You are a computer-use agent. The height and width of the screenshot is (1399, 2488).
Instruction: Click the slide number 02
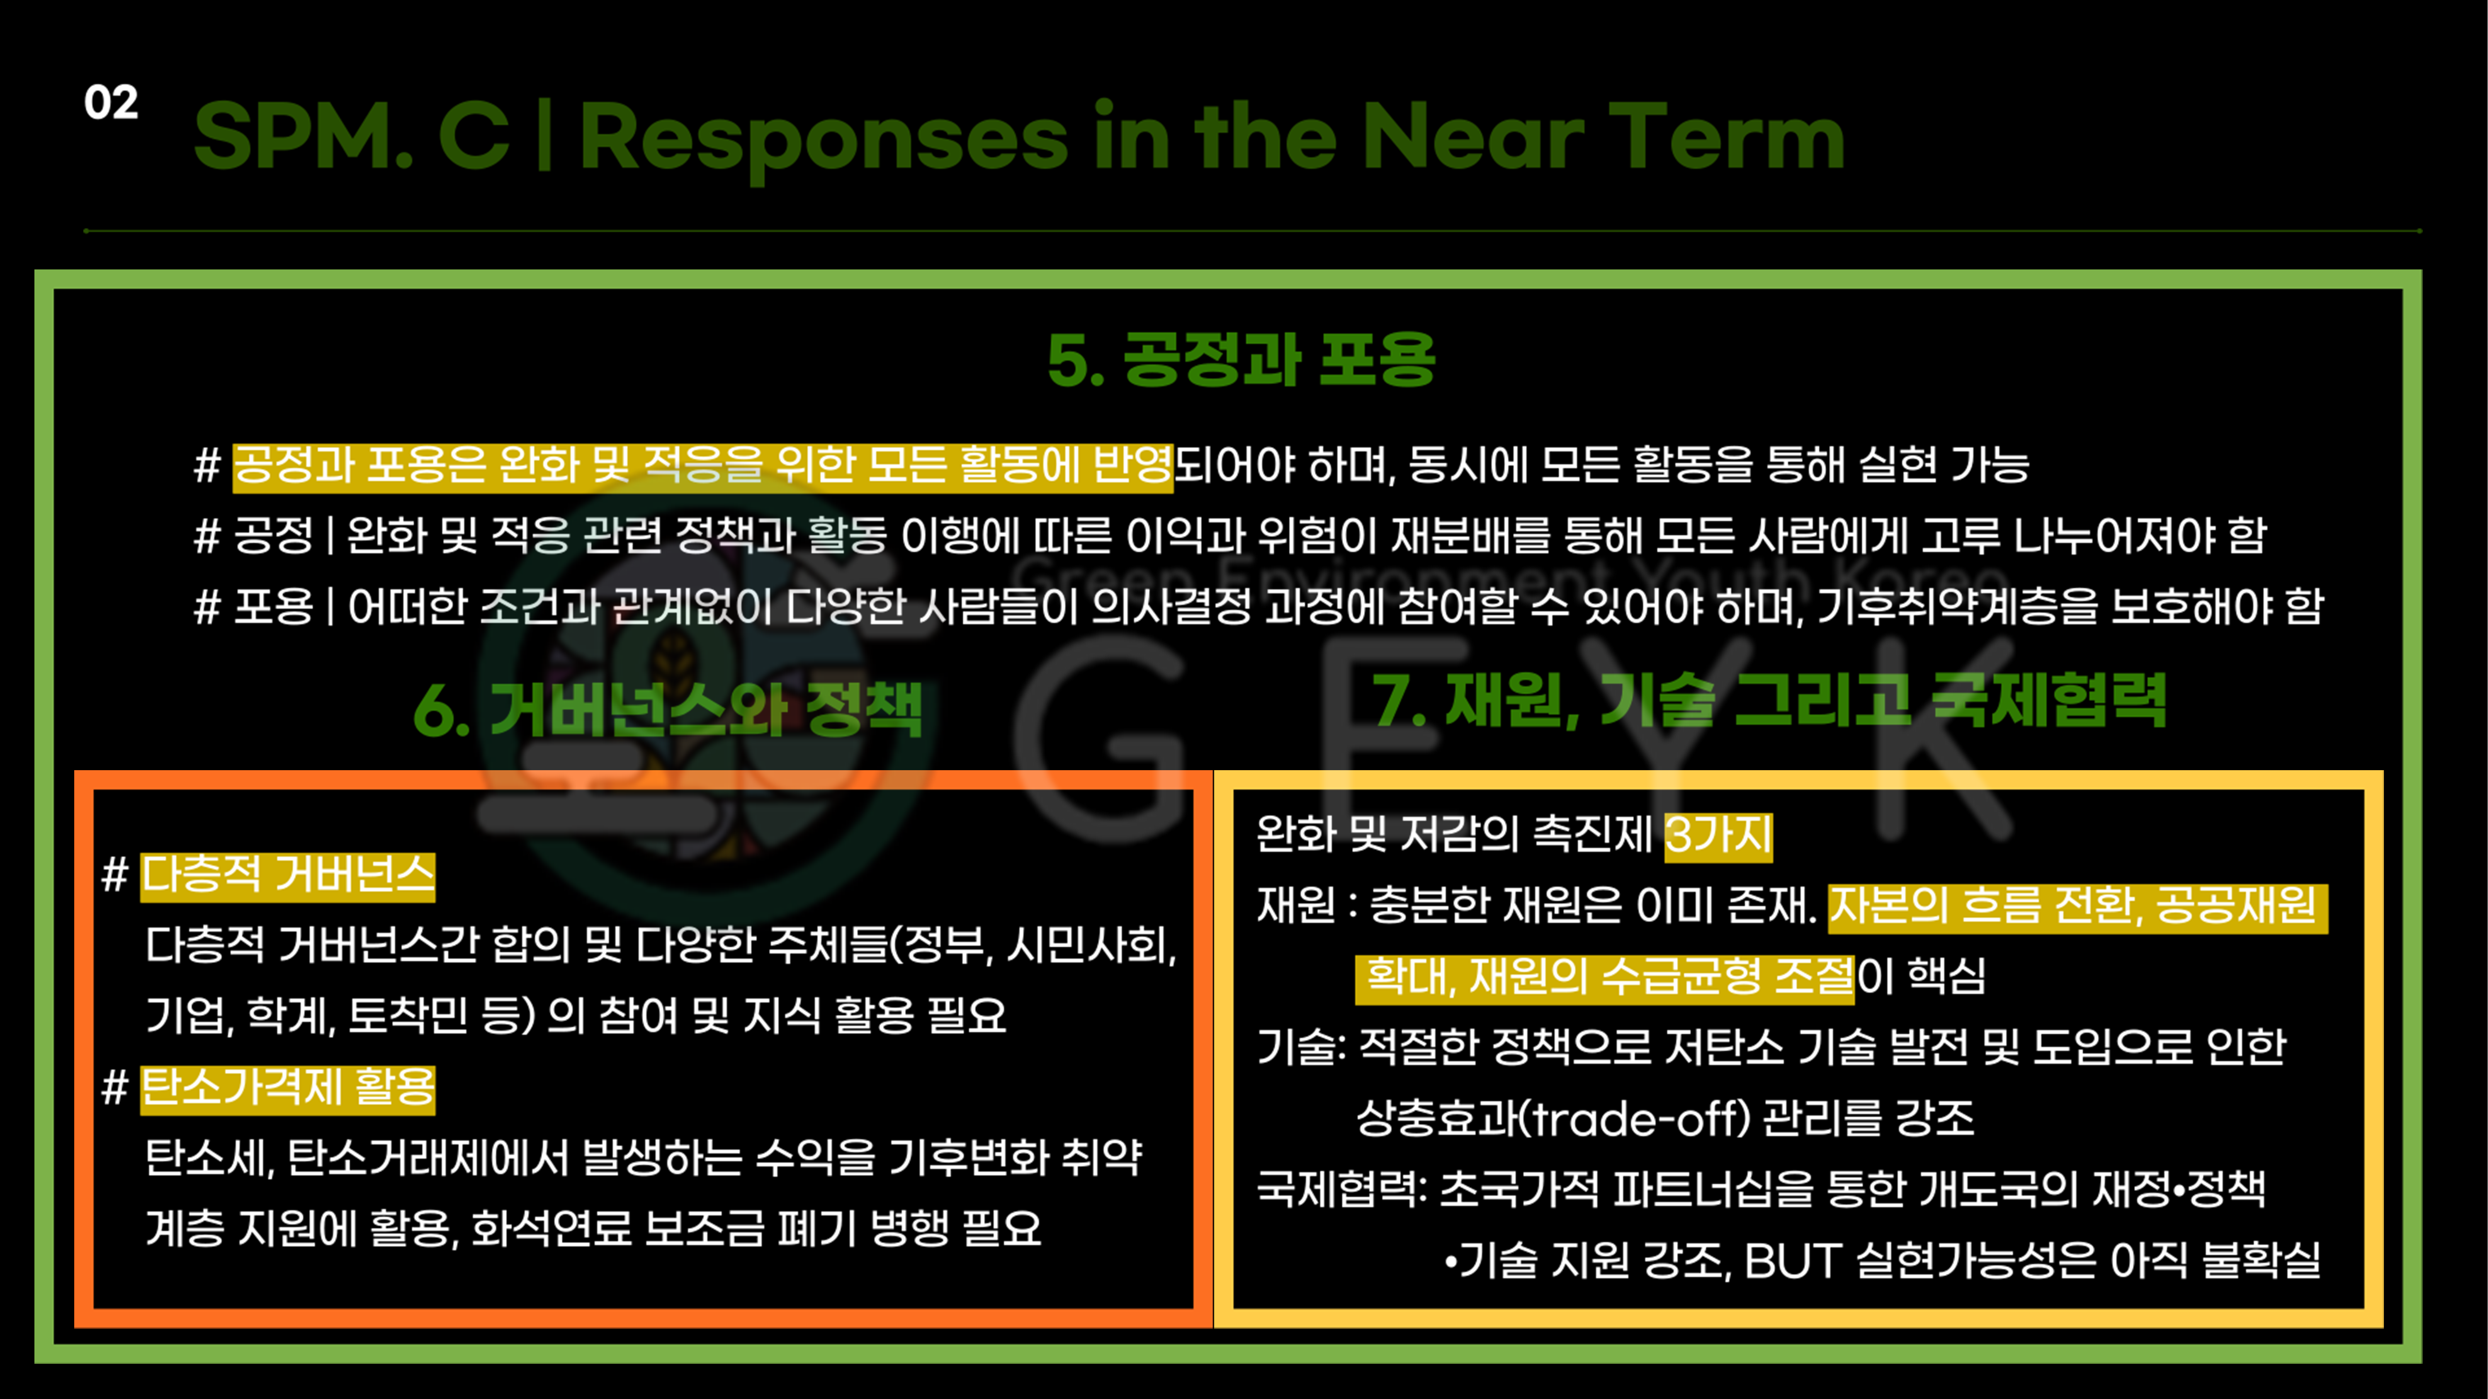click(111, 102)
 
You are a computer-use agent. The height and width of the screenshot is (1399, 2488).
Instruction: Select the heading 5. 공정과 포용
click(1241, 359)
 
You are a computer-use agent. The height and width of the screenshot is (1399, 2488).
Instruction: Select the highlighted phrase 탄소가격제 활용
click(288, 1088)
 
